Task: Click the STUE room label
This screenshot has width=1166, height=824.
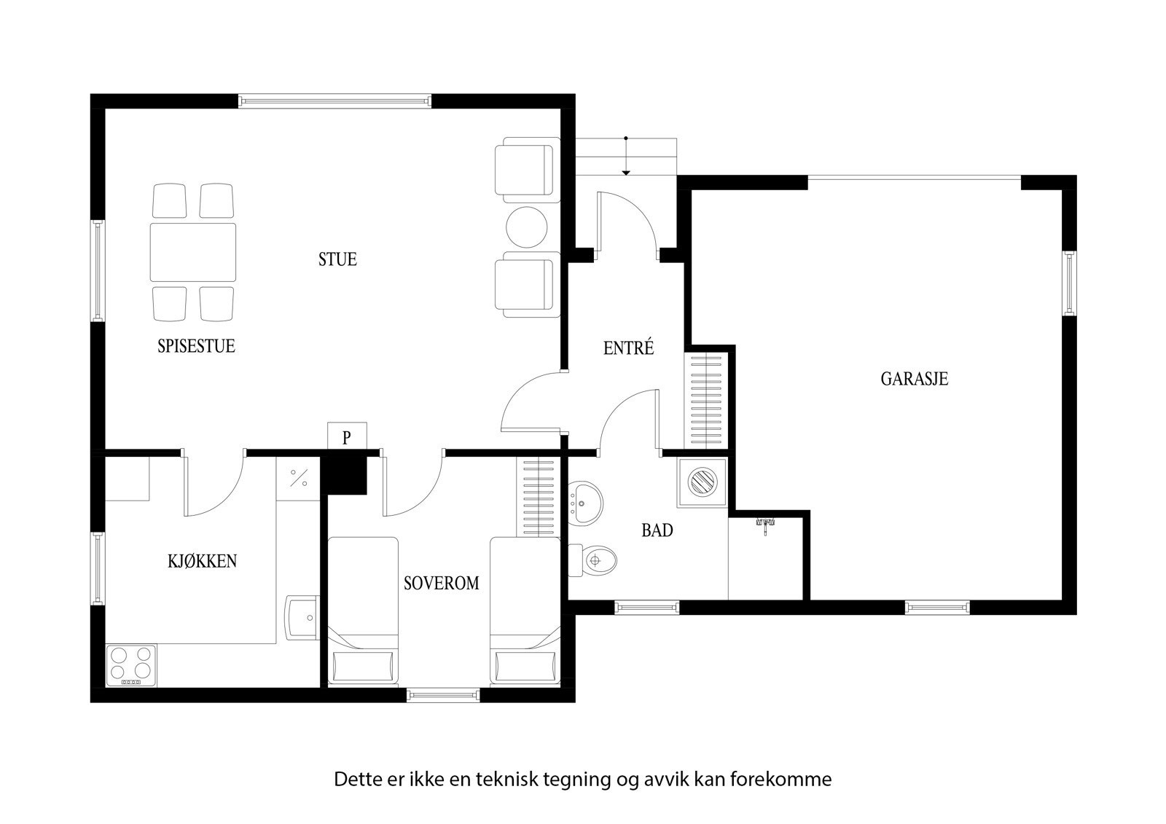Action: [x=337, y=259]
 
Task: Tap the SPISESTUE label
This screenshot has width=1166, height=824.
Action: [x=196, y=346]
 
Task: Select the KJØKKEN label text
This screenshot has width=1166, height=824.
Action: [x=202, y=561]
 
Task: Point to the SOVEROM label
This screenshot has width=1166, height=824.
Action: [x=442, y=583]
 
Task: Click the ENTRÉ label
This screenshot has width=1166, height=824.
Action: [x=629, y=348]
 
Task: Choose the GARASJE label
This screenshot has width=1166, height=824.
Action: [x=914, y=379]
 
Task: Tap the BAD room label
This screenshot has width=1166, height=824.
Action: [x=657, y=530]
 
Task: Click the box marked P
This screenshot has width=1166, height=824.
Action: [x=347, y=437]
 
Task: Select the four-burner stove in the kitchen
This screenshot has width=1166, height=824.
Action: [x=131, y=664]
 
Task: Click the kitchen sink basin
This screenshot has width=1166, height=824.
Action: [x=301, y=618]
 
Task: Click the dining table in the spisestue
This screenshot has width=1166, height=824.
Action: [x=193, y=252]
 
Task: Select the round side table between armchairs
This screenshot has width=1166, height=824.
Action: [x=526, y=227]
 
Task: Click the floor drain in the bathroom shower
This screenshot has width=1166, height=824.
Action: [x=702, y=482]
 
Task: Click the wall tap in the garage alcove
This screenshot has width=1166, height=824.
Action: [x=764, y=522]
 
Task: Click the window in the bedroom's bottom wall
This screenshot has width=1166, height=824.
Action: [x=443, y=695]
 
